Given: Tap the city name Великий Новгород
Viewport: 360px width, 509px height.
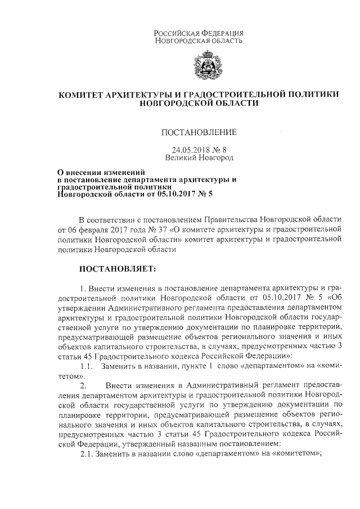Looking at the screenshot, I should click(199, 159).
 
